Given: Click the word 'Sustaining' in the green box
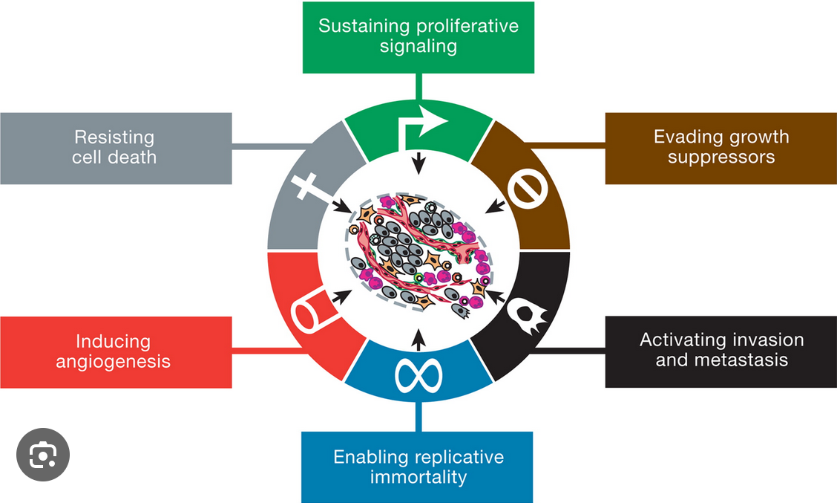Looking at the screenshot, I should point(364,26).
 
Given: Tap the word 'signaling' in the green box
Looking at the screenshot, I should point(418,46).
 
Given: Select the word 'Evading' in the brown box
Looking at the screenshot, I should point(680,137).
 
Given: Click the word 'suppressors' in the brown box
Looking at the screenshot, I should point(721,158).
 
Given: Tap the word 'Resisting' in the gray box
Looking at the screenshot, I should point(114,137).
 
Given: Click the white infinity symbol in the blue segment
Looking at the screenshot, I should point(418,375).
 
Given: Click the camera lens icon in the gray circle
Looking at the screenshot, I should point(43,455).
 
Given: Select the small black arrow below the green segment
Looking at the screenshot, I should point(419,163).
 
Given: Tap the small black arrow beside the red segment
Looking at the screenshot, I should point(341,296).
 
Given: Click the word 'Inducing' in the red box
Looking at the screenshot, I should point(113,342).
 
